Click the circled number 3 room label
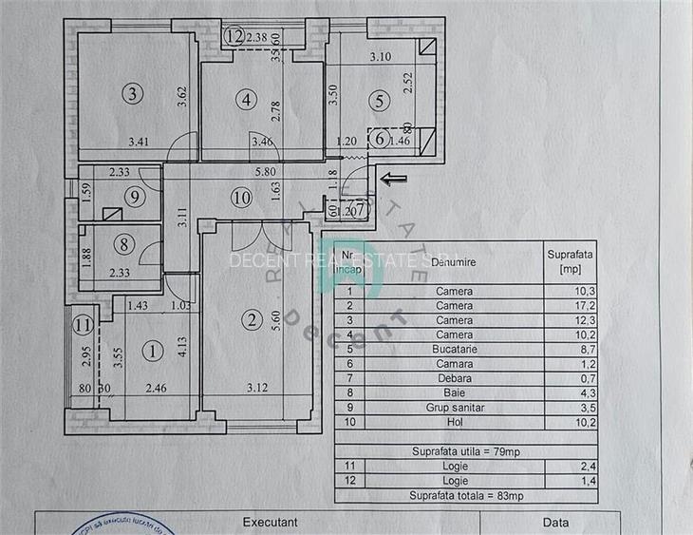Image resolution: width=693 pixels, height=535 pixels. coord(134,93)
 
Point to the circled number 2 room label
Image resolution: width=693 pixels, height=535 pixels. coord(252,320)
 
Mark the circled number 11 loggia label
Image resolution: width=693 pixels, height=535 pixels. coord(83,325)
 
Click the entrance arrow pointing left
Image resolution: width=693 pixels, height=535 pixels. coord(390,177)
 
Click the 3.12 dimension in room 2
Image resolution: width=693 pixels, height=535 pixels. coord(258,388)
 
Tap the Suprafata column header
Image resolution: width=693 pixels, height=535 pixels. coord(571,260)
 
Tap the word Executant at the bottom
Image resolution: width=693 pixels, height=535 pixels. coord(271,522)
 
